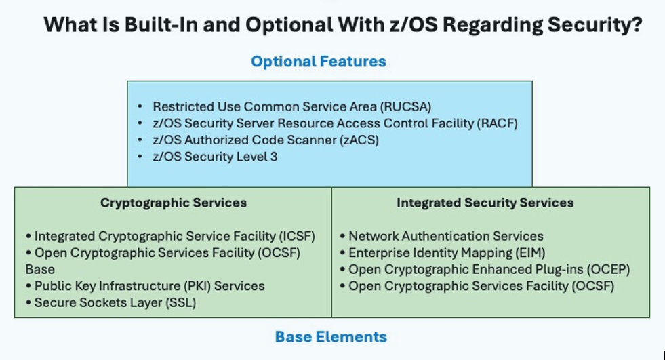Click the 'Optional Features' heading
[x=319, y=62]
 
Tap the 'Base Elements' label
[x=331, y=337]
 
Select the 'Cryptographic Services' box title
[x=174, y=203]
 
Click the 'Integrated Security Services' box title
[x=485, y=203]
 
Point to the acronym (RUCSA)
[x=405, y=107]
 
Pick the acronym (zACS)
[x=359, y=140]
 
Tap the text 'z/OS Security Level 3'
[x=215, y=157]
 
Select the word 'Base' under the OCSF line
[x=40, y=269]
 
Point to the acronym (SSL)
[x=180, y=303]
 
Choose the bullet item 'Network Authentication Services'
[x=446, y=236]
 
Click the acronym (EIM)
[x=531, y=253]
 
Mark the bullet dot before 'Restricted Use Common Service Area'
[x=140, y=107]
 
